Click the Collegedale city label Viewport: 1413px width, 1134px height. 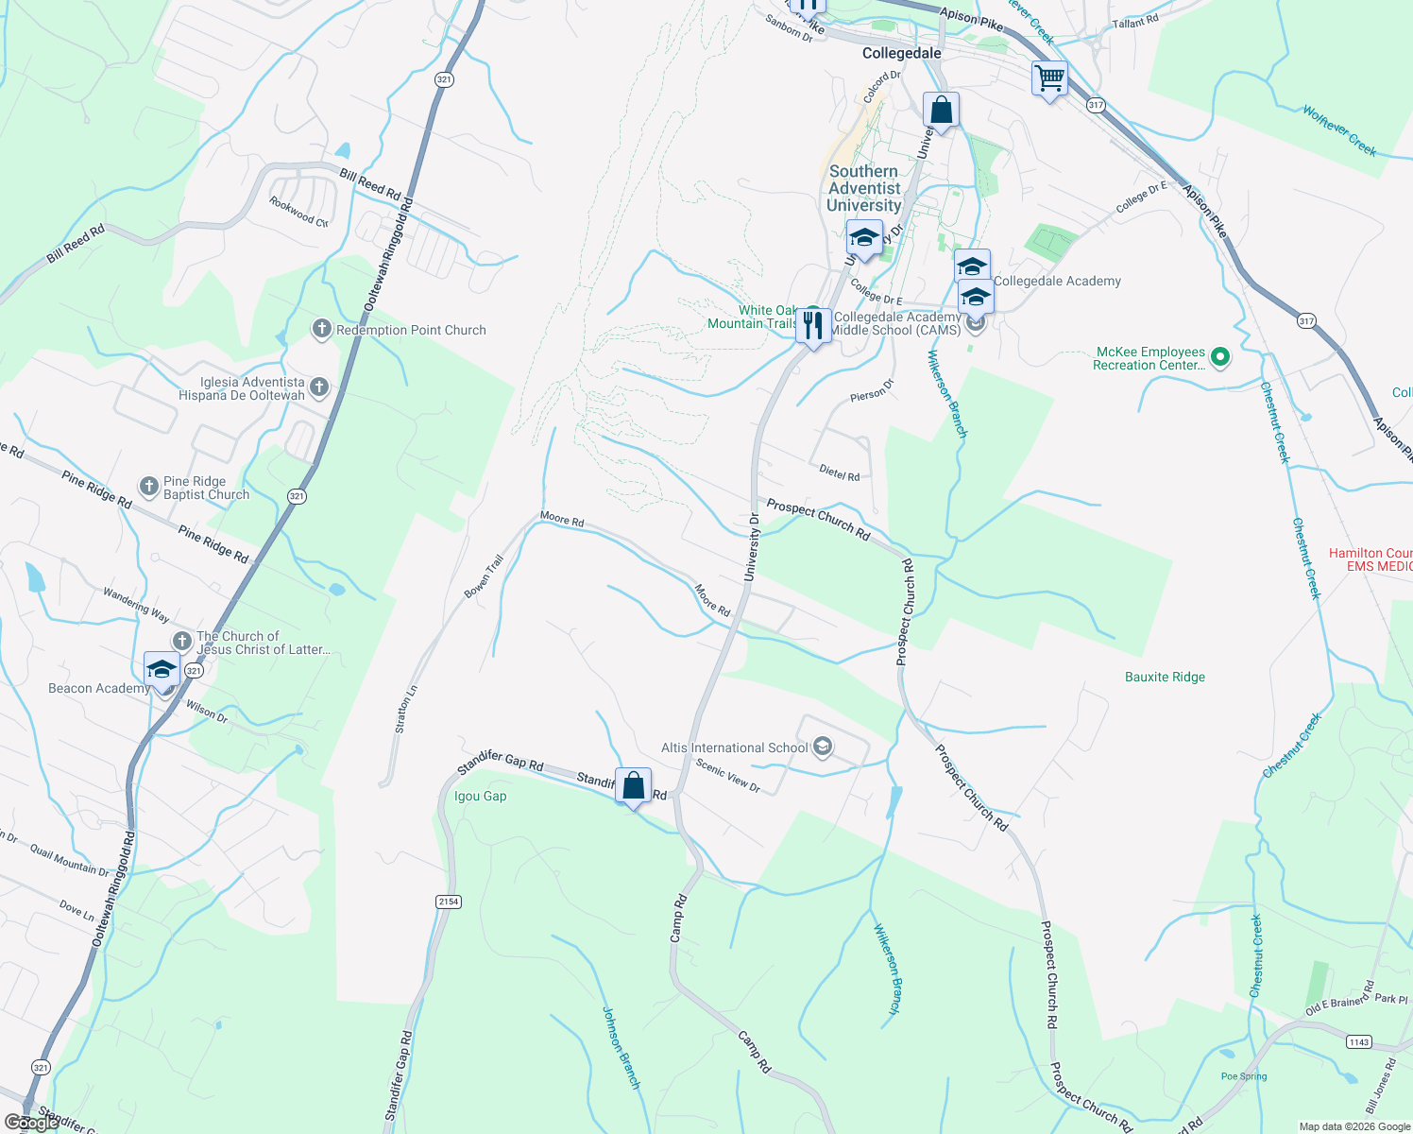(x=901, y=54)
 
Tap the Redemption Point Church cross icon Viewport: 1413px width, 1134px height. (x=322, y=329)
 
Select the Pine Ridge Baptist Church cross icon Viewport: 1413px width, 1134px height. (x=148, y=487)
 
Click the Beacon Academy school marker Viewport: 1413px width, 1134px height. (x=162, y=669)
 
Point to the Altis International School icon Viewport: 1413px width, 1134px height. (x=823, y=747)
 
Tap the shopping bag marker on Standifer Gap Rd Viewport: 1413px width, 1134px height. (x=633, y=785)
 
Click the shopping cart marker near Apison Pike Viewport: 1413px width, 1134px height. (x=1049, y=78)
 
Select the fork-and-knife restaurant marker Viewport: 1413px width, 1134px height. (x=812, y=325)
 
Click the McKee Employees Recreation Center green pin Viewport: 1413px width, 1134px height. (x=1220, y=357)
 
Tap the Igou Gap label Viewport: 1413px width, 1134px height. (x=480, y=797)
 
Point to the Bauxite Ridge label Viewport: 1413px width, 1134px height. (x=1165, y=678)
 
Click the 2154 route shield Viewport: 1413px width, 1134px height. (x=449, y=902)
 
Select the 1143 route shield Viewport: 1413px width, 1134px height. (x=1358, y=1041)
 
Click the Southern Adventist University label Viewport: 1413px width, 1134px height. (x=863, y=188)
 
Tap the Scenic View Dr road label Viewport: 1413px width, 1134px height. (x=728, y=776)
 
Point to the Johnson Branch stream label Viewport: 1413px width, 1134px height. (x=621, y=1047)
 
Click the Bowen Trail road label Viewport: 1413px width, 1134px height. (x=484, y=576)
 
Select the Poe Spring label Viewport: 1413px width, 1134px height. (x=1243, y=1076)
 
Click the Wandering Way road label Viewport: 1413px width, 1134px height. (x=136, y=605)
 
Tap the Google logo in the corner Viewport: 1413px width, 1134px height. (x=31, y=1123)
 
